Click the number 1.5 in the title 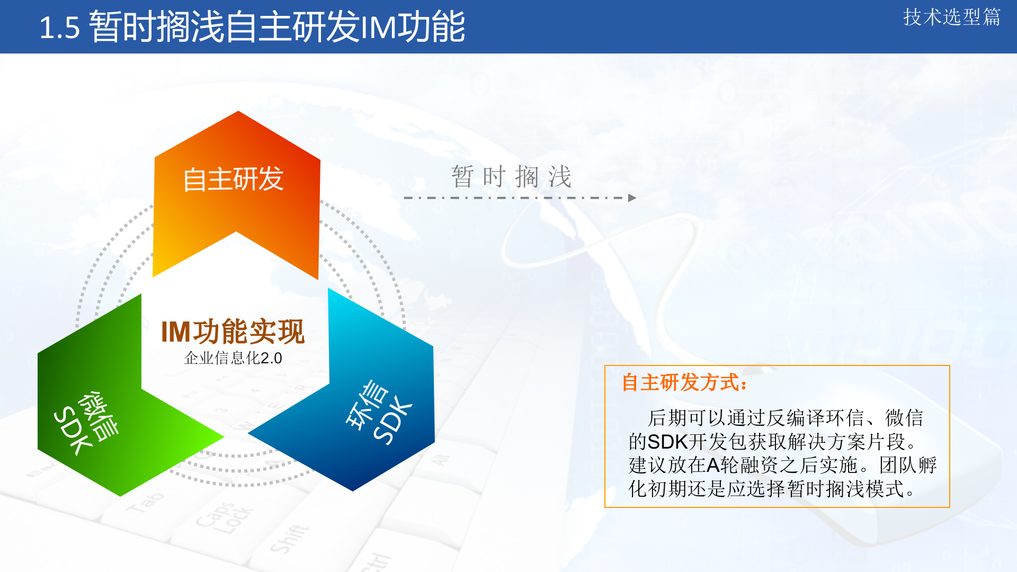(59, 28)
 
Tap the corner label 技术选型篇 (951, 17)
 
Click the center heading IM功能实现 (233, 332)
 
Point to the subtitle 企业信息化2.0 (233, 358)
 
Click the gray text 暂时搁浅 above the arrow (511, 176)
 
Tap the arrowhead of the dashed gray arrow (632, 198)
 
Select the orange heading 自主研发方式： (684, 382)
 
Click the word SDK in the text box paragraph (667, 442)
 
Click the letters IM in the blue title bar (378, 28)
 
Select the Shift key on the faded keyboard (289, 538)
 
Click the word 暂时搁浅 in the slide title (156, 28)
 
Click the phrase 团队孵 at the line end (908, 465)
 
